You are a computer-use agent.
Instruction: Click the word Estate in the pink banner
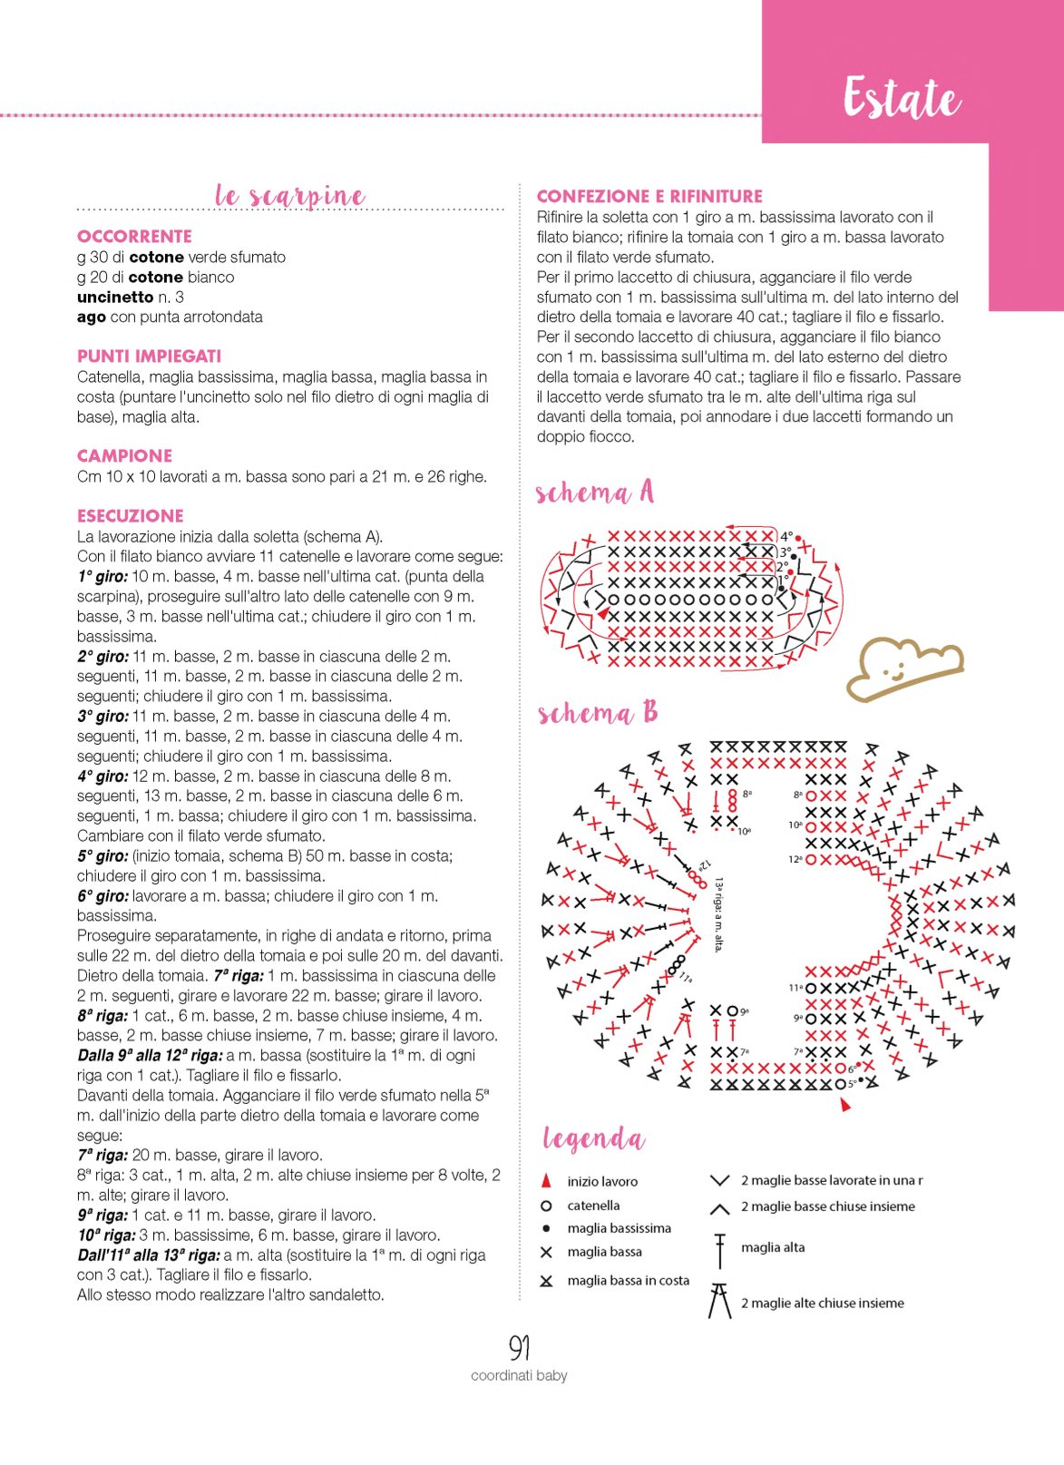[x=902, y=99]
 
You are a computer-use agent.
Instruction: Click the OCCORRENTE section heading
[x=135, y=236]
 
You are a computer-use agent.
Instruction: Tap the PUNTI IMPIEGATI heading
[x=149, y=356]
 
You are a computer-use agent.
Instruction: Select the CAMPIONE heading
[x=125, y=456]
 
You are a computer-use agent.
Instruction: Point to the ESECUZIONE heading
[x=130, y=516]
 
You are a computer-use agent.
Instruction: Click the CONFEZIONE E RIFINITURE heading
[x=649, y=196]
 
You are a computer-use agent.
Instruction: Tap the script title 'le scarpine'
[x=290, y=196]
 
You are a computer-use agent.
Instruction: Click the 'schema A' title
[x=595, y=493]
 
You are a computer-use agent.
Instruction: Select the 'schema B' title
[x=597, y=713]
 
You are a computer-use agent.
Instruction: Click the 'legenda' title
[x=594, y=1138]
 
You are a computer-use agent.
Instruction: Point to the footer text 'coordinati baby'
[x=519, y=1375]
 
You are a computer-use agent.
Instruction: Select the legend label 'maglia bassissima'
[x=620, y=1228]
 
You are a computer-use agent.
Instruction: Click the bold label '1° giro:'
[x=102, y=577]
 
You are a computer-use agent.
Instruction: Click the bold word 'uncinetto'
[x=115, y=297]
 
